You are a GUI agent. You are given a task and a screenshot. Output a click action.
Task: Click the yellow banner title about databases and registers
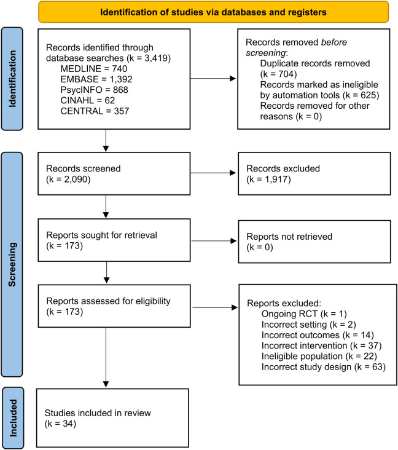213,12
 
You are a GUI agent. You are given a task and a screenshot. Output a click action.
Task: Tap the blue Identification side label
12,79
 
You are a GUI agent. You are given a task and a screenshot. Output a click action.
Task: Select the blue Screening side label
12,264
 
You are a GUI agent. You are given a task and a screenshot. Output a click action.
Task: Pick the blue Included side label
13,418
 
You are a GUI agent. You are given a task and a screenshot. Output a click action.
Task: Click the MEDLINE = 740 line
94,69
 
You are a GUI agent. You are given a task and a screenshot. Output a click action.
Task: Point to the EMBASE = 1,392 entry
96,79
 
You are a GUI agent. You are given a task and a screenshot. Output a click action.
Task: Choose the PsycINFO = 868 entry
95,90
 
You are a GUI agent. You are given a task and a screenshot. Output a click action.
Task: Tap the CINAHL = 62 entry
87,100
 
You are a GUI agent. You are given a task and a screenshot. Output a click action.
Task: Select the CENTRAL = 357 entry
95,111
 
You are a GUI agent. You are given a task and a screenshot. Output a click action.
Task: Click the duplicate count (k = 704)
278,74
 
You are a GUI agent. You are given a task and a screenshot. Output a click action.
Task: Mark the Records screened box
114,173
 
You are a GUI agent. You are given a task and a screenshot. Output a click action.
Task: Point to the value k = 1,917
268,180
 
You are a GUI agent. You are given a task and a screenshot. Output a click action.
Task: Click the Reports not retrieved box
314,242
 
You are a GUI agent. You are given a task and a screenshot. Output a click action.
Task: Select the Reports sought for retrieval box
114,240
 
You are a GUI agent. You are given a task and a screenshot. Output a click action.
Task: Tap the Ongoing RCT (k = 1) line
304,314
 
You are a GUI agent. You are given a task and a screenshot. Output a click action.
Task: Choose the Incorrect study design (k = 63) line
324,367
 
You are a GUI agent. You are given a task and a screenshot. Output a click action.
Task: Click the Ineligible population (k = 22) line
319,357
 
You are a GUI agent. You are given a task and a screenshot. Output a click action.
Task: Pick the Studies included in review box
112,418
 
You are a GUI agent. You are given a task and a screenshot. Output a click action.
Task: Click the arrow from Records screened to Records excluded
213,173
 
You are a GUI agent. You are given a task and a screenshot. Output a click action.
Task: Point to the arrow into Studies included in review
106,357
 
